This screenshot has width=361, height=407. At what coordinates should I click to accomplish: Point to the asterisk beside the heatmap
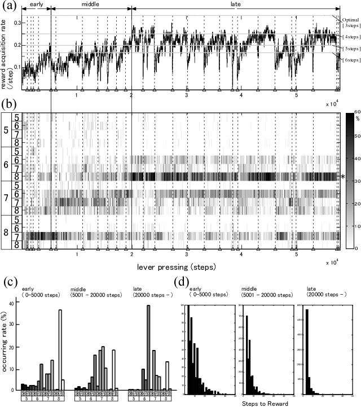click(x=343, y=177)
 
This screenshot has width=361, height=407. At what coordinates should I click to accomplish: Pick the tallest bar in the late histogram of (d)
click(x=307, y=350)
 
